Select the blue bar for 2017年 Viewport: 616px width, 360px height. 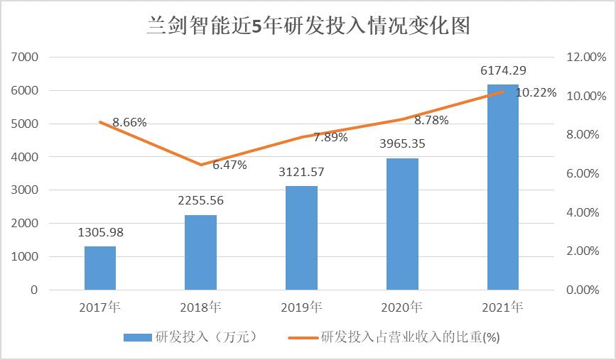tap(100, 268)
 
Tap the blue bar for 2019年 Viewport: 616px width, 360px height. tap(302, 238)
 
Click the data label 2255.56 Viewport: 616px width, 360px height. tap(201, 200)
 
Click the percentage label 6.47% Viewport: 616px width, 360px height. tap(229, 165)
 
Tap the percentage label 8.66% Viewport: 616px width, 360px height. tap(129, 122)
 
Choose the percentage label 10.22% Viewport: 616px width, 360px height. tap(536, 92)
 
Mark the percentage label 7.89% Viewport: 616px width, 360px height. tap(330, 137)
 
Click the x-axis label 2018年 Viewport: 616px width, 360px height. tap(201, 309)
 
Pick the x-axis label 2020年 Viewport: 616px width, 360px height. tap(402, 309)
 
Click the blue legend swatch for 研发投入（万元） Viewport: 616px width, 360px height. tap(138, 337)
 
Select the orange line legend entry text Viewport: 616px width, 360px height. tap(411, 337)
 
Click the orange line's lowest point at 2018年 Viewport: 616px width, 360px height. tap(201, 165)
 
